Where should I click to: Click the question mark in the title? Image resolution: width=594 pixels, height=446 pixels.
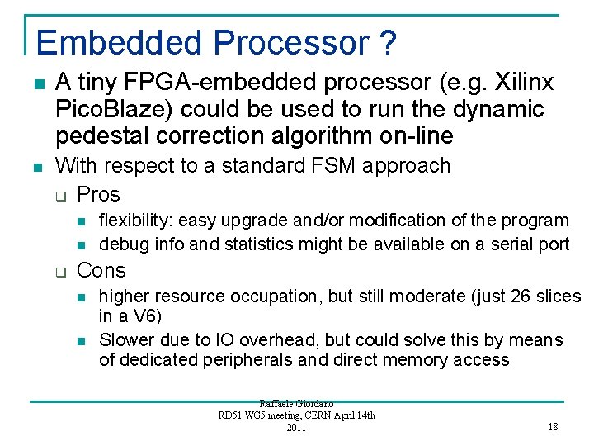(389, 42)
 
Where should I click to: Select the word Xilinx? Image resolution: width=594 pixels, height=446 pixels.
(517, 83)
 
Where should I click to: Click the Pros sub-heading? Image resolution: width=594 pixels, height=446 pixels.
(98, 195)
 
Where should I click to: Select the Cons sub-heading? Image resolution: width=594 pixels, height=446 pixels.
(101, 270)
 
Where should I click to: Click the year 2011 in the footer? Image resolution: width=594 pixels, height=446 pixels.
(295, 427)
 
